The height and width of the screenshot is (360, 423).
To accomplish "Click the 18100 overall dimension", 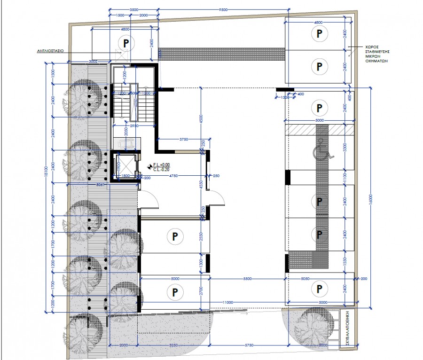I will pyautogui.click(x=46, y=187).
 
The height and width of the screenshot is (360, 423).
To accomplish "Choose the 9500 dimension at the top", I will pyautogui.click(x=223, y=9).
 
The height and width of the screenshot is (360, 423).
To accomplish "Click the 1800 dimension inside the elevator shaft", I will pyautogui.click(x=125, y=176).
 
